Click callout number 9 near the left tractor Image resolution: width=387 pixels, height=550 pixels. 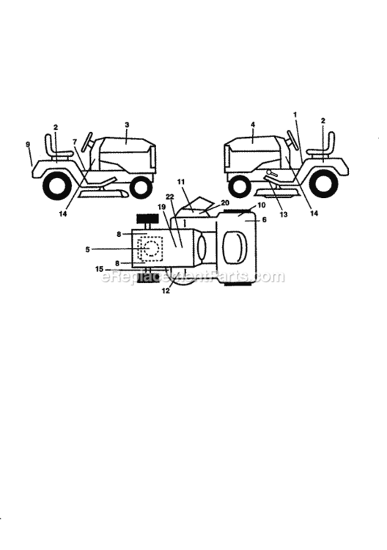click(28, 144)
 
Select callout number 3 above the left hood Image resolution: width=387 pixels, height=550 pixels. click(127, 125)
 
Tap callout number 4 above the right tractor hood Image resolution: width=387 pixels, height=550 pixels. click(253, 125)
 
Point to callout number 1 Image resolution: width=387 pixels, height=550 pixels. click(295, 114)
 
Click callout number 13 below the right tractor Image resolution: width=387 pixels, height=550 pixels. click(283, 213)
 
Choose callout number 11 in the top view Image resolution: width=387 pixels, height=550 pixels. click(181, 182)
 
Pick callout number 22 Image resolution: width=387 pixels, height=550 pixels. click(170, 197)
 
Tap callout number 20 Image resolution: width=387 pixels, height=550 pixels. click(225, 202)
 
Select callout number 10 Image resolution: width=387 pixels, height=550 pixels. click(262, 205)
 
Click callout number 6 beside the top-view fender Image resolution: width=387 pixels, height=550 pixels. click(265, 219)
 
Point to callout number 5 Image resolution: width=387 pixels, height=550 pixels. click(88, 249)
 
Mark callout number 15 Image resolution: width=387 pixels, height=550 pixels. click(99, 269)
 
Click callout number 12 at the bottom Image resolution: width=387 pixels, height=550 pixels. click(166, 290)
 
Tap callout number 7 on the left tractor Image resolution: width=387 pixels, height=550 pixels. click(74, 142)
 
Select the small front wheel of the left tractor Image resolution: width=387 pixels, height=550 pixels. click(141, 187)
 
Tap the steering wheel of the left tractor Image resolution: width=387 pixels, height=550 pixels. click(87, 142)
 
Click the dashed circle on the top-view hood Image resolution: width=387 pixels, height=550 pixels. click(152, 249)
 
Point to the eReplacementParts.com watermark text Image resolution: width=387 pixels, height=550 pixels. click(193, 276)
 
